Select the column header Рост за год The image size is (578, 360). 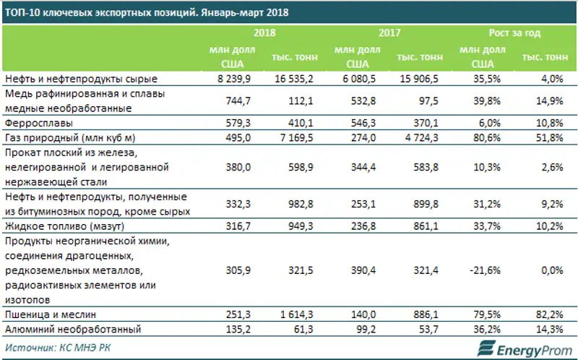pos(514,33)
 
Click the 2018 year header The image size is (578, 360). pos(265,33)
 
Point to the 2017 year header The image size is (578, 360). pos(389,33)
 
